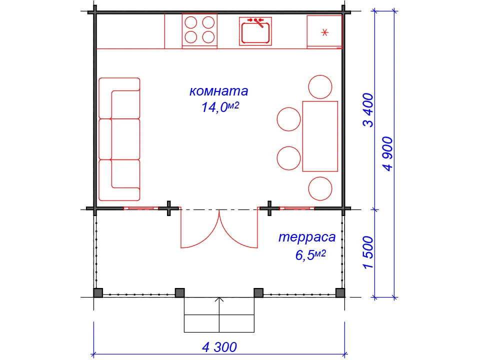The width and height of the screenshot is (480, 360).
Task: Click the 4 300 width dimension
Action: click(219, 347)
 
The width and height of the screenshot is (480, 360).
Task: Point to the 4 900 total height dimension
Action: click(387, 153)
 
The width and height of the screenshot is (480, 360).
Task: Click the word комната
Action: click(218, 91)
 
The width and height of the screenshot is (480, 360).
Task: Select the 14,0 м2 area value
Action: click(220, 107)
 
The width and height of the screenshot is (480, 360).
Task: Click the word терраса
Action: click(307, 237)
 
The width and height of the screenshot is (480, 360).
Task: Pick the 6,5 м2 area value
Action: click(310, 254)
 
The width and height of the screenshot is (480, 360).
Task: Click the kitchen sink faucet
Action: click(256, 22)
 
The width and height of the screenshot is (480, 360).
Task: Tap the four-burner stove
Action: click(199, 30)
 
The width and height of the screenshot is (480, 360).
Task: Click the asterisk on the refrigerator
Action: click(325, 32)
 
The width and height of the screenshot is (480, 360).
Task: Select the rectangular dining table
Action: click(320, 136)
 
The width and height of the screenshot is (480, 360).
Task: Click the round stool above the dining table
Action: click(320, 87)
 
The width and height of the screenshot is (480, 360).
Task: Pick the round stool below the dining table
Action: click(320, 188)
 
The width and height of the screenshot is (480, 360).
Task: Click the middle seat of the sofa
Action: click(119, 139)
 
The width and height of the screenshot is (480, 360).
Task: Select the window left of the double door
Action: click(141, 208)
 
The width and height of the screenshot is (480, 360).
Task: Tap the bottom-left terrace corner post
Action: click(98, 293)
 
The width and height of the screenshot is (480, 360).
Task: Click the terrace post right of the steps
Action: click(258, 293)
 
